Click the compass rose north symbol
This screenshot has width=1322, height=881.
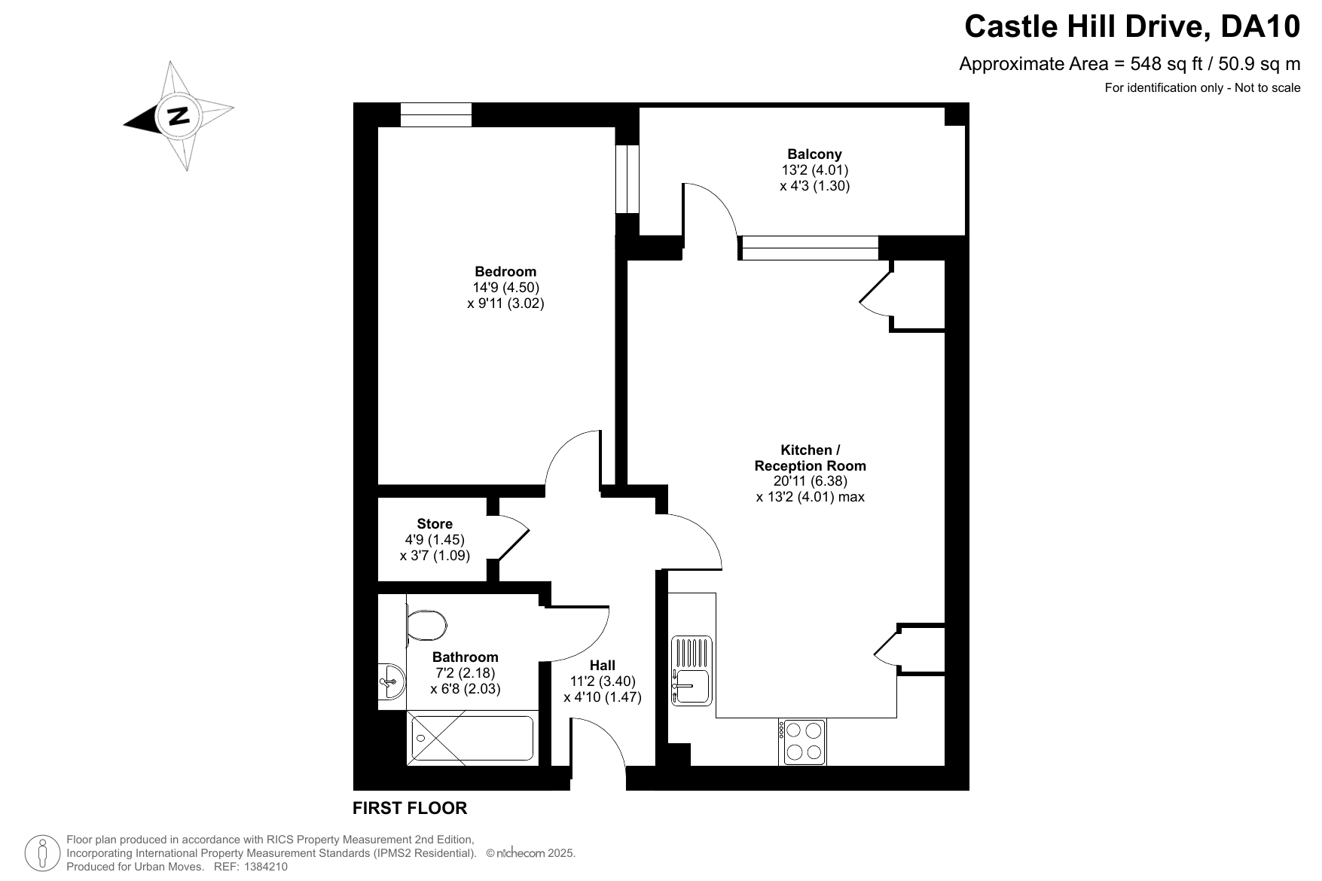click(x=179, y=116)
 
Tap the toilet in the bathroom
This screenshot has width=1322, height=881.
click(x=426, y=625)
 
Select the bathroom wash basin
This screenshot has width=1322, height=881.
click(x=392, y=681)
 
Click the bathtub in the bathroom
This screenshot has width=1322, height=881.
click(x=472, y=738)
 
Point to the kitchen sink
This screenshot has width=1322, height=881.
click(x=692, y=671)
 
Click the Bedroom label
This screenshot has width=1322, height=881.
click(x=505, y=272)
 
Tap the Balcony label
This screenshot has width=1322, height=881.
click(x=814, y=154)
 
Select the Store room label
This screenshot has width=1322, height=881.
click(x=435, y=524)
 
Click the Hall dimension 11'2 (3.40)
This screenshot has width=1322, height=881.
click(x=603, y=681)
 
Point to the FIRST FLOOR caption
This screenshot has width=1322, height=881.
click(x=410, y=809)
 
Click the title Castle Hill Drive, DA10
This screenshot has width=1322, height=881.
click(x=1132, y=27)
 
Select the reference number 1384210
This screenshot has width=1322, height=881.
click(x=263, y=867)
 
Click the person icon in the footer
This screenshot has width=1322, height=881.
click(x=43, y=853)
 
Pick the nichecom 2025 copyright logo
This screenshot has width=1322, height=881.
click(x=531, y=853)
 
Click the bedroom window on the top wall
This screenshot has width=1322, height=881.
click(x=436, y=114)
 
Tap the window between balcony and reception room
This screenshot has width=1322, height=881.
click(x=809, y=248)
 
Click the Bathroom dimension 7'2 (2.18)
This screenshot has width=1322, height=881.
click(x=465, y=673)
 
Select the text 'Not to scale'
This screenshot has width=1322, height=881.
click(x=1268, y=87)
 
